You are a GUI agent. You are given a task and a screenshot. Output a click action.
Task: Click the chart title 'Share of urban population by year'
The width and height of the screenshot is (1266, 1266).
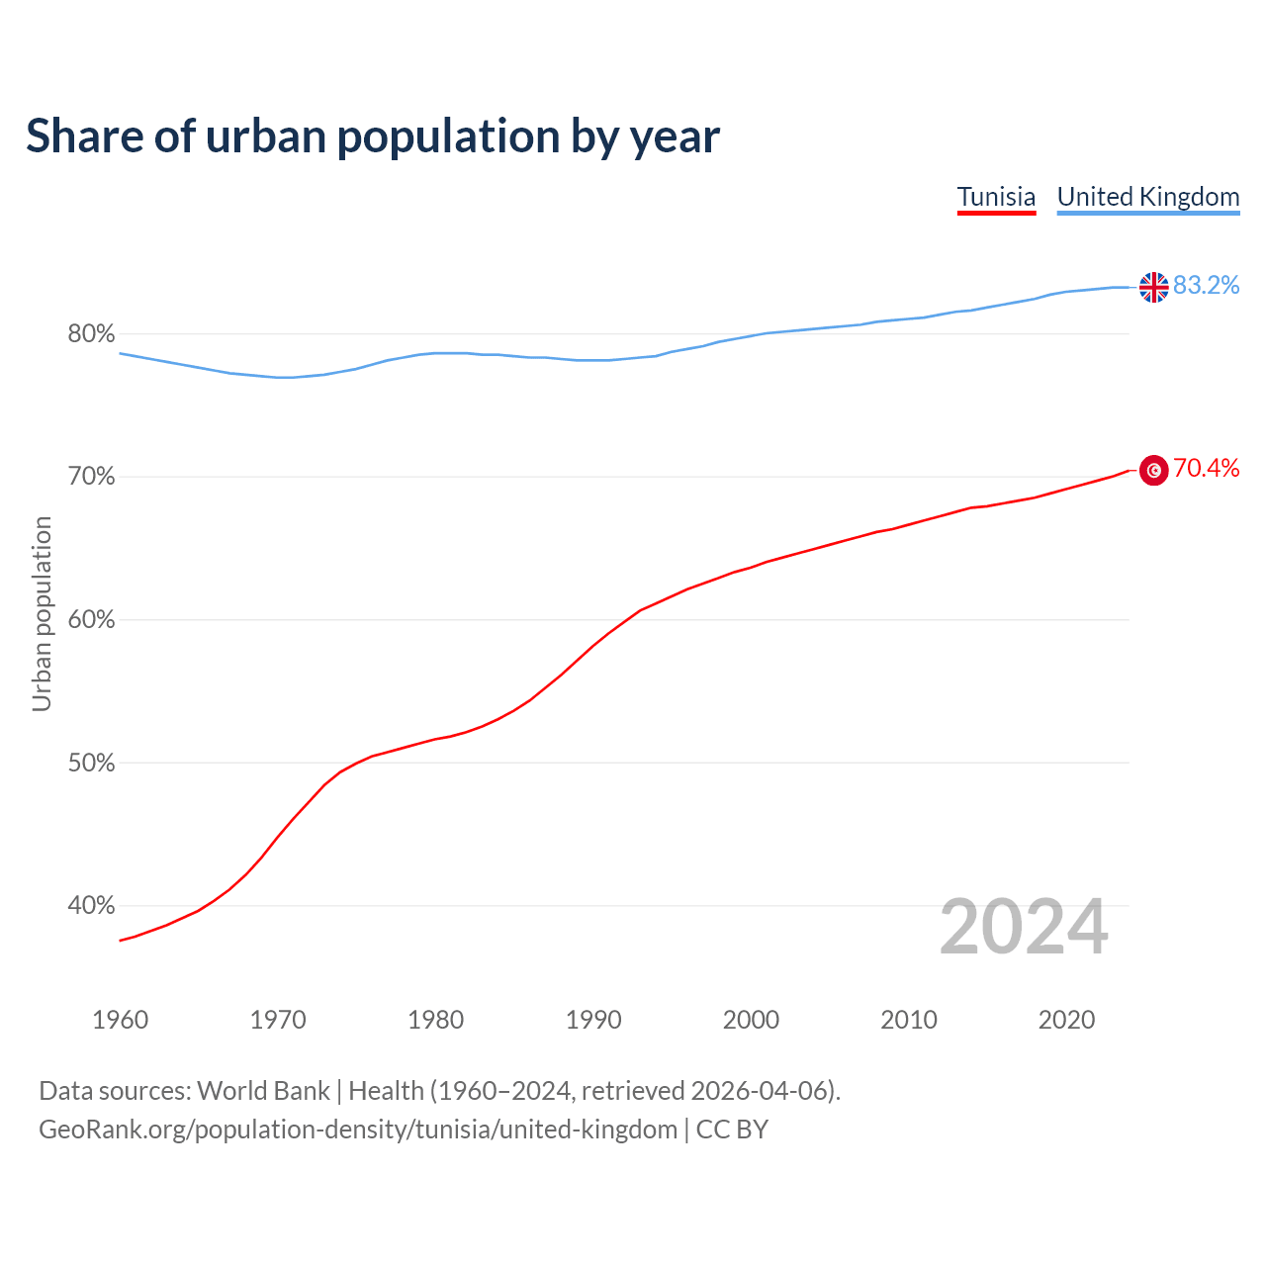tap(373, 136)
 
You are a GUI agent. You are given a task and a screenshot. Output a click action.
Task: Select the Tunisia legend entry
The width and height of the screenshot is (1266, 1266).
tap(996, 197)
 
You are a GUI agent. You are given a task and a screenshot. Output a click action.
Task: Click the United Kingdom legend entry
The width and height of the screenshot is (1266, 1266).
tap(1147, 197)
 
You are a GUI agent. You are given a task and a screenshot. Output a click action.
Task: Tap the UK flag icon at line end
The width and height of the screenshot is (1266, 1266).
tap(1153, 287)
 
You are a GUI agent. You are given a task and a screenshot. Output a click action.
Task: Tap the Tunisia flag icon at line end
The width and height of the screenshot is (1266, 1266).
tap(1153, 471)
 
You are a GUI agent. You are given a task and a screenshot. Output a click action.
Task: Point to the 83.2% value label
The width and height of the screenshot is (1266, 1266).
tap(1206, 286)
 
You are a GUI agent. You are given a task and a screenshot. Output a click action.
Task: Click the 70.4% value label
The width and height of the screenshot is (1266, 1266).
tap(1206, 469)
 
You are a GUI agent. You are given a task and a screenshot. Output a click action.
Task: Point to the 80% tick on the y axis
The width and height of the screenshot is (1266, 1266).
tap(91, 334)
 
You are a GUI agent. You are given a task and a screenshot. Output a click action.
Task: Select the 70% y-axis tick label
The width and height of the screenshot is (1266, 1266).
tap(91, 477)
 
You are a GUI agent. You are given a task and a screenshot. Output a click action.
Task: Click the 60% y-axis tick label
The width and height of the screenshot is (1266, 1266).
tap(91, 620)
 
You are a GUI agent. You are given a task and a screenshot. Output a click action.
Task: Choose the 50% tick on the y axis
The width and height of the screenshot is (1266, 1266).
tap(91, 764)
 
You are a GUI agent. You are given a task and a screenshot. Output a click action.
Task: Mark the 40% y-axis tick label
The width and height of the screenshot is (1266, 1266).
tap(91, 906)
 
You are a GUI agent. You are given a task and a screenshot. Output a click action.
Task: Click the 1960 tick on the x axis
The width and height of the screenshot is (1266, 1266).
tap(120, 1020)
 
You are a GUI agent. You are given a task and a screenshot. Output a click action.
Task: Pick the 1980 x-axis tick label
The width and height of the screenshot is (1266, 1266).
tap(435, 1020)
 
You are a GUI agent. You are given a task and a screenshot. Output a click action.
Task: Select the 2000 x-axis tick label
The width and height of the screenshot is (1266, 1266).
tap(751, 1020)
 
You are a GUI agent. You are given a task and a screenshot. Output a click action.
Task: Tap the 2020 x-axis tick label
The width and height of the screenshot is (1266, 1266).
tap(1066, 1020)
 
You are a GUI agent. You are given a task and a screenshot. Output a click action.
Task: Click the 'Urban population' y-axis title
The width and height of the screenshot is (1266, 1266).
tap(42, 613)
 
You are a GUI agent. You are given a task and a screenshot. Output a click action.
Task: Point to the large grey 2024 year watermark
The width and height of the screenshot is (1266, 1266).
tap(1024, 928)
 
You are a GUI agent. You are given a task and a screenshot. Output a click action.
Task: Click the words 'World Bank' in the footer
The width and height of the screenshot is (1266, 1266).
tap(263, 1091)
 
